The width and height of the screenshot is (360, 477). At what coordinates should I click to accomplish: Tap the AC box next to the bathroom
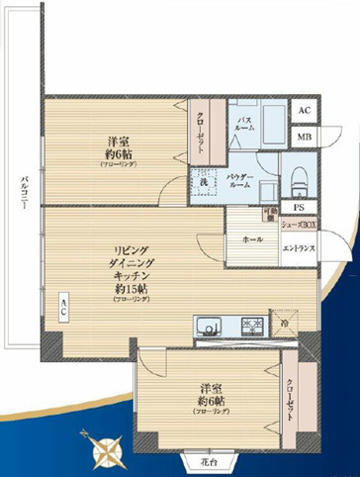[304, 111]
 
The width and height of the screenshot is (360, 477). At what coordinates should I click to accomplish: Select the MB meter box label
[304, 137]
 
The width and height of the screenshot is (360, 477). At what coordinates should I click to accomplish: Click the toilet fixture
[300, 179]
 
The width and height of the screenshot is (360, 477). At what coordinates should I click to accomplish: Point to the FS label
[299, 206]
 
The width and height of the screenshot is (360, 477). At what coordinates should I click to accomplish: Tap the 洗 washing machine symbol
[201, 182]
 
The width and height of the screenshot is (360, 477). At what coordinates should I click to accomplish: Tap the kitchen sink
[209, 326]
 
